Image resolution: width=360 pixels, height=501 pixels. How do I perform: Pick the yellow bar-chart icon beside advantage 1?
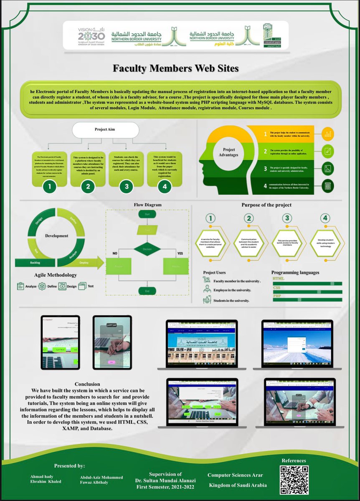tap(327, 134)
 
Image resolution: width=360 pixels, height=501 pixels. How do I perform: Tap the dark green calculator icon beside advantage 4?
tap(327, 186)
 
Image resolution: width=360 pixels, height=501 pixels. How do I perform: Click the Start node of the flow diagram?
tap(147, 214)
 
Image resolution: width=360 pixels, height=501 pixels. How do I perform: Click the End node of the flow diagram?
tap(147, 291)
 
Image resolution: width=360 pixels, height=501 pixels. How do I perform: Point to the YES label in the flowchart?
tap(180, 253)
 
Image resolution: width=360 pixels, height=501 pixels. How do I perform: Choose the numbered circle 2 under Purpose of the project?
tap(249, 218)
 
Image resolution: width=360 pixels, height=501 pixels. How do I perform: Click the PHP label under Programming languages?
tap(277, 296)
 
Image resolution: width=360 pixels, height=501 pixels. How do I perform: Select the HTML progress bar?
tap(307, 283)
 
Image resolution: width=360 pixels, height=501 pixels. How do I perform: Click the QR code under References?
tap(294, 477)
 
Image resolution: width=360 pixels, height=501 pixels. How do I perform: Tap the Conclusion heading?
tap(87, 384)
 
